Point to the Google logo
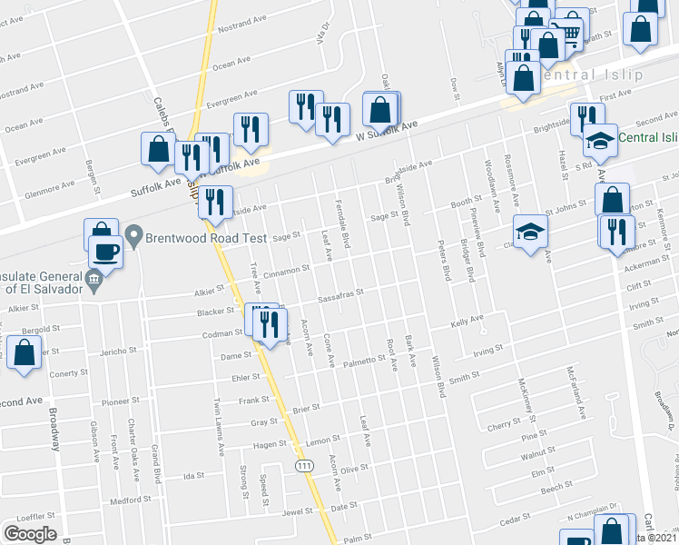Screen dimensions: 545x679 pos(29,534)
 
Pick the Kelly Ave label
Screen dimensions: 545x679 pos(467,321)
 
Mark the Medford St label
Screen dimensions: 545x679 pos(127,500)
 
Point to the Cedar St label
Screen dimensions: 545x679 pos(514,519)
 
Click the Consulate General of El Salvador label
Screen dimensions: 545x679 pos(44,282)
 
